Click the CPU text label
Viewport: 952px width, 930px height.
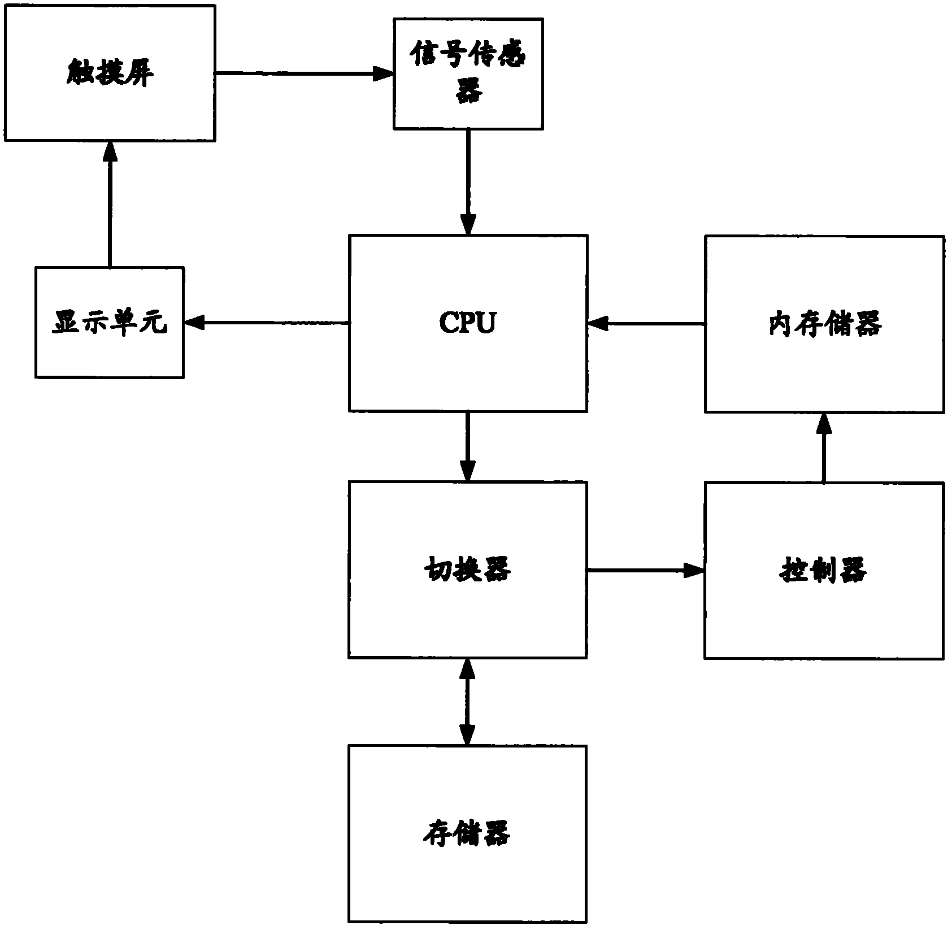point(467,323)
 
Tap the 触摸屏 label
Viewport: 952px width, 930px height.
point(109,73)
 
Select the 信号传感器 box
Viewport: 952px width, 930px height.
point(468,73)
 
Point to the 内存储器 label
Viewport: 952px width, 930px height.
point(824,324)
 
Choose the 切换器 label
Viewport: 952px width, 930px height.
point(467,569)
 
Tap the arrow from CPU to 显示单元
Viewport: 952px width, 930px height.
point(266,323)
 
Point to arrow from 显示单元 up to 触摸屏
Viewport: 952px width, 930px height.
point(109,203)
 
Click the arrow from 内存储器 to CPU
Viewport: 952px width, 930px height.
point(646,324)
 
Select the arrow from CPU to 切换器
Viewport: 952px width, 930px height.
point(467,446)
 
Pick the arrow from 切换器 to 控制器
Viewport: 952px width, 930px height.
point(645,570)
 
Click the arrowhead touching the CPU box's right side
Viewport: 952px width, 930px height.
point(598,324)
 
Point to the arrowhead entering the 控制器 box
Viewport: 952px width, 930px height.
point(695,570)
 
